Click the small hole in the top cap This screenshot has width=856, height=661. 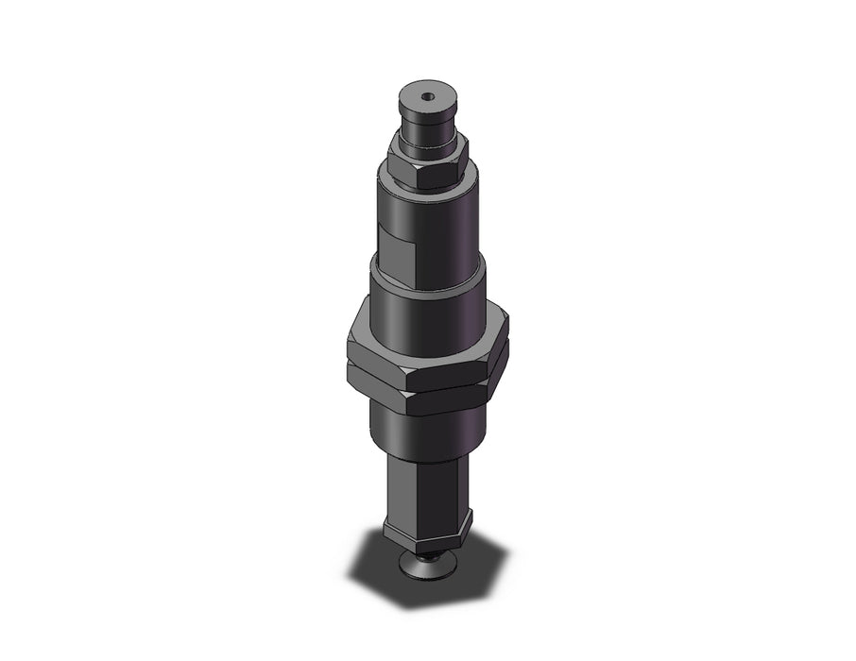click(x=427, y=95)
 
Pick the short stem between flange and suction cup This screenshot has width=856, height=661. click(x=431, y=554)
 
